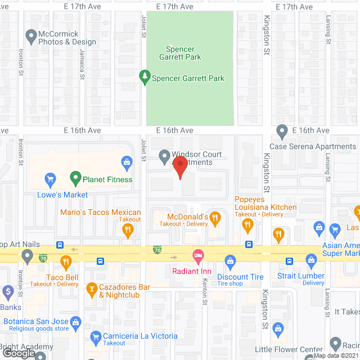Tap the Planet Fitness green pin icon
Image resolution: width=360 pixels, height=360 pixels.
pos(75,179)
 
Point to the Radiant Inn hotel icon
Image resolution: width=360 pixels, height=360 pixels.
pos(197,256)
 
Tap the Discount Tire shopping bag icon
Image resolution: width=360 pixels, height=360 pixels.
pos(229,260)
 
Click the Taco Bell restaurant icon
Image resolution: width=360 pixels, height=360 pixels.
pos(66,261)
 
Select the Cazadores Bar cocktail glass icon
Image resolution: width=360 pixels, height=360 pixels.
pos(91,291)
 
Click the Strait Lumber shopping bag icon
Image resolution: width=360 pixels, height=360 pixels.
pos(311,260)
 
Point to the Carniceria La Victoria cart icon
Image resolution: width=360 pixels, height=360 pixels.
pos(95,336)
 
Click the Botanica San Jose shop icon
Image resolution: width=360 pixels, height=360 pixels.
pos(78,321)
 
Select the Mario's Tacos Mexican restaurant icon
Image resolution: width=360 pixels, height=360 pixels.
pos(128,229)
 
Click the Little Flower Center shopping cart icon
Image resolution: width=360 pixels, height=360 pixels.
pos(277,327)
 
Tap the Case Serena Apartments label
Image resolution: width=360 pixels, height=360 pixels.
pos(313,146)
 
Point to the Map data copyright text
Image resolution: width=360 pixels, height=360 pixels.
pos(336,355)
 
